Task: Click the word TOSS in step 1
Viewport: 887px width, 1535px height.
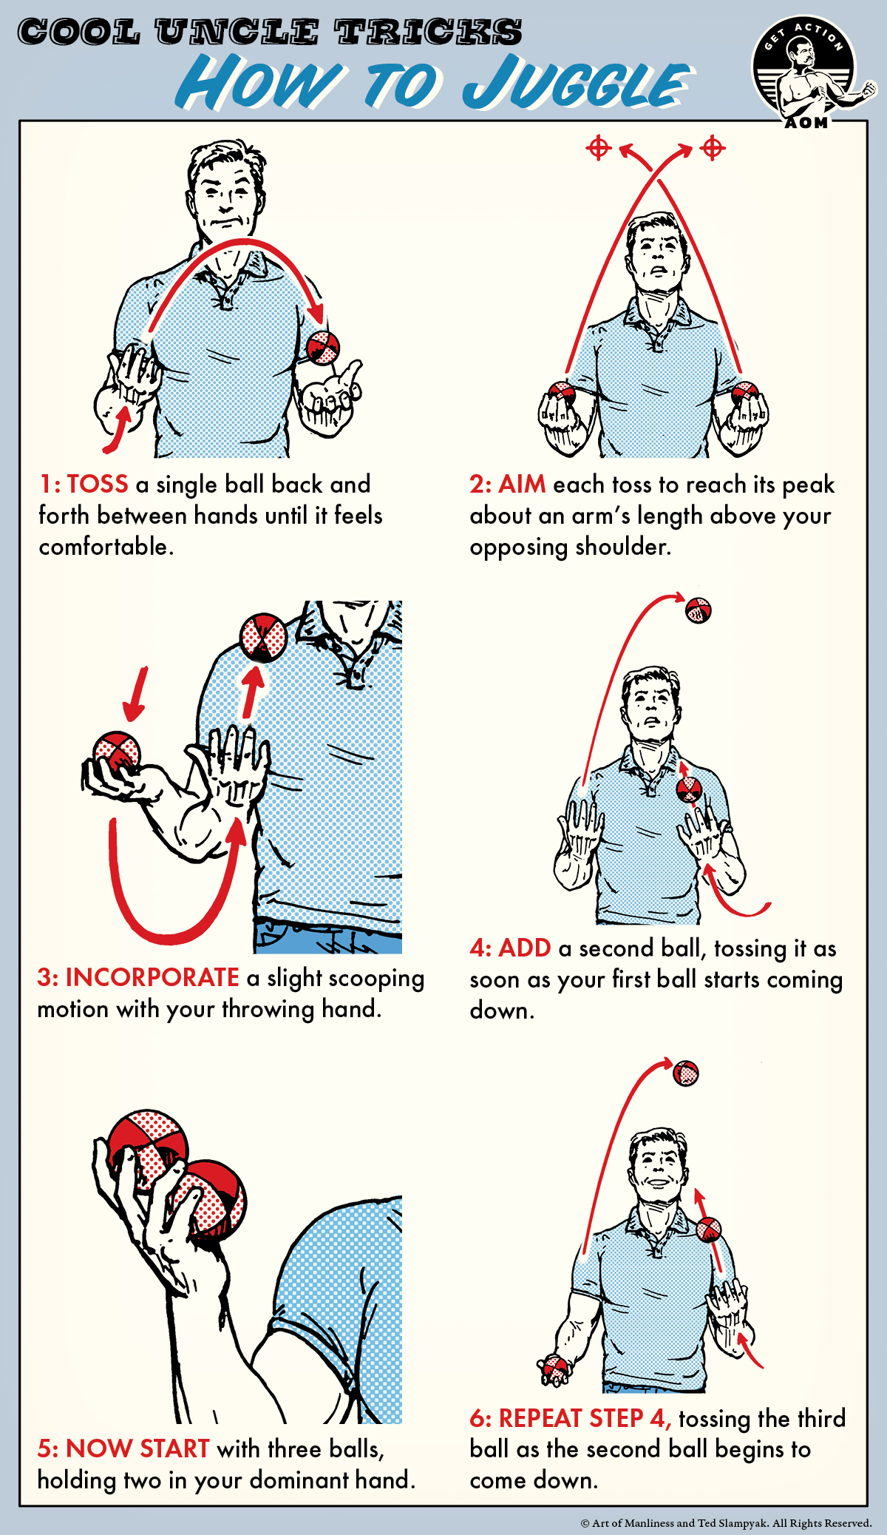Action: coord(98,485)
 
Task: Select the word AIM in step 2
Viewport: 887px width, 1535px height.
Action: coord(522,485)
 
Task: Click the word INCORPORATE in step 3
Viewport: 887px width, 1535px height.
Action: coord(152,978)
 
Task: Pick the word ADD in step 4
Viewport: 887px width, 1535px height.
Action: coord(525,948)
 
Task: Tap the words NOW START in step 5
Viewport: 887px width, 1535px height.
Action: coord(137,1448)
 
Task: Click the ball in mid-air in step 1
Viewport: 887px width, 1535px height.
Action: coord(323,347)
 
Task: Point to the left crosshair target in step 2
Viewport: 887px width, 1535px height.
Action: coord(598,148)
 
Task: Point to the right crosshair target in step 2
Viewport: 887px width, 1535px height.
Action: coord(713,148)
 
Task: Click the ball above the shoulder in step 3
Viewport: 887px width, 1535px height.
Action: coord(263,635)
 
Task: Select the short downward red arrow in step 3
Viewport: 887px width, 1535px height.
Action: coord(137,694)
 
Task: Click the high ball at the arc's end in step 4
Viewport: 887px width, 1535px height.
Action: coord(698,610)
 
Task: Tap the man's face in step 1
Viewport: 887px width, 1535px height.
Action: coord(225,196)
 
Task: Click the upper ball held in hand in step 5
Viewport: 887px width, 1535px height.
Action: coord(148,1145)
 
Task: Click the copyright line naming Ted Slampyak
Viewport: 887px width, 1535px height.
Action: coord(726,1523)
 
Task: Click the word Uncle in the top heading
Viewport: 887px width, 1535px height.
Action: coord(237,33)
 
